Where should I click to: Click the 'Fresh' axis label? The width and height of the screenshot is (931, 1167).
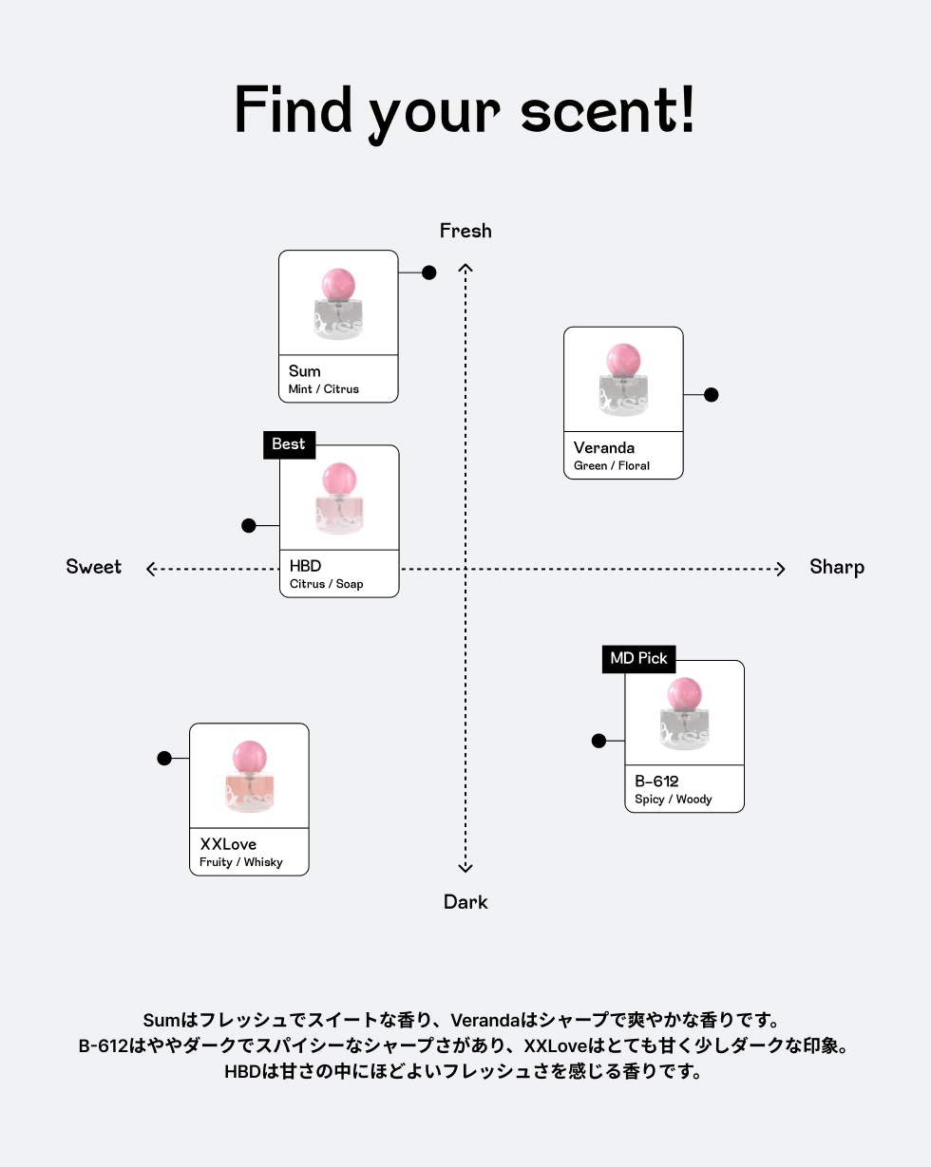465,231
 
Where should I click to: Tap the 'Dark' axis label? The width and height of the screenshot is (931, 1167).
465,902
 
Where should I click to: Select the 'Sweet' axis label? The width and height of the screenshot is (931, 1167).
94,567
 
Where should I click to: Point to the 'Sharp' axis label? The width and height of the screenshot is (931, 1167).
837,567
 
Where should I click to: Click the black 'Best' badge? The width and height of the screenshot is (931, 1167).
289,444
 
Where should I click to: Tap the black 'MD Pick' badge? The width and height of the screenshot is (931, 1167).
638,659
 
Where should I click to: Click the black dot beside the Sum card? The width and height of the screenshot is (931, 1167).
429,273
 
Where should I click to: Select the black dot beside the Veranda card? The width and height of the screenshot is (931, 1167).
711,395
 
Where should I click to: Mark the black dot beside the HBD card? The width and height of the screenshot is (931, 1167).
249,526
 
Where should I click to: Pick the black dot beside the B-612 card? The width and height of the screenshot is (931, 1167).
598,741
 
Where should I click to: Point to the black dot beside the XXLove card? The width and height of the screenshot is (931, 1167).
164,759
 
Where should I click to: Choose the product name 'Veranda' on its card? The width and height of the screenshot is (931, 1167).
604,448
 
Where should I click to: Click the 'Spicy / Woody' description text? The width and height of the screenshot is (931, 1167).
674,800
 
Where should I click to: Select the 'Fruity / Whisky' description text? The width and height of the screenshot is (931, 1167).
241,862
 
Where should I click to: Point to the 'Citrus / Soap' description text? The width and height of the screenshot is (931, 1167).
327,584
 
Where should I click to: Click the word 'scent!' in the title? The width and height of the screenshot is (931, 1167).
608,111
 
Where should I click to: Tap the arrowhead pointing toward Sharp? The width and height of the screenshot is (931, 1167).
781,570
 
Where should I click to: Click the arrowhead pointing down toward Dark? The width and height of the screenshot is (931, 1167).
465,866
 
